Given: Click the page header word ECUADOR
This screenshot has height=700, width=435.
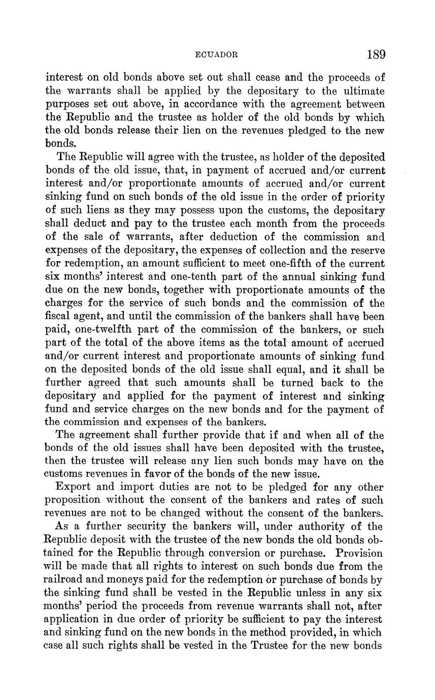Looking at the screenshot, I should pos(217,55).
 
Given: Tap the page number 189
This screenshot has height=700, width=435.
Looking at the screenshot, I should pos(375,54).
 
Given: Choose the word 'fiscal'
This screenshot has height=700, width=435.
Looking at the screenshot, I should pos(59,317).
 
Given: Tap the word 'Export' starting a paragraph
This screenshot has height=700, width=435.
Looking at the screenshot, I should pos(73,487).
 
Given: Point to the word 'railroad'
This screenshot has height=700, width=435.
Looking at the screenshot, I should pos(65,580).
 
